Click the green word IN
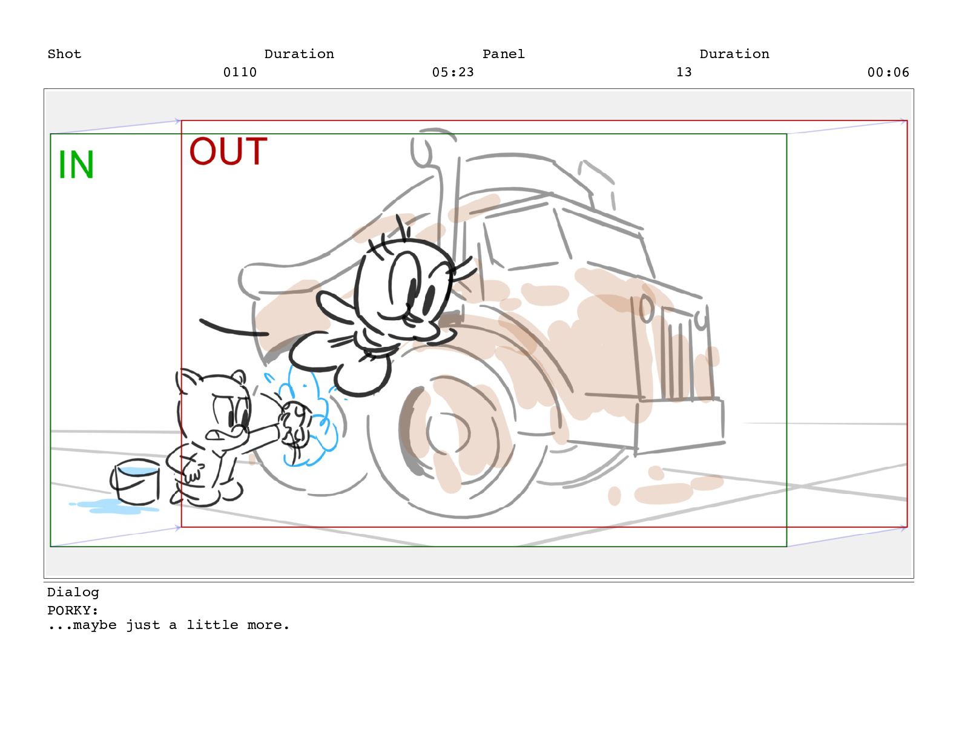pos(76,164)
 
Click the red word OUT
pos(228,151)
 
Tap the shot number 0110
pos(240,72)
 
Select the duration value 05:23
pos(453,72)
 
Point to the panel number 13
pos(684,72)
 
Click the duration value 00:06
pos(888,72)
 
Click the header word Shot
pos(64,54)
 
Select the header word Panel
pos(504,54)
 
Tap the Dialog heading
pos(73,593)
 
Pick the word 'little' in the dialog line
pos(213,625)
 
